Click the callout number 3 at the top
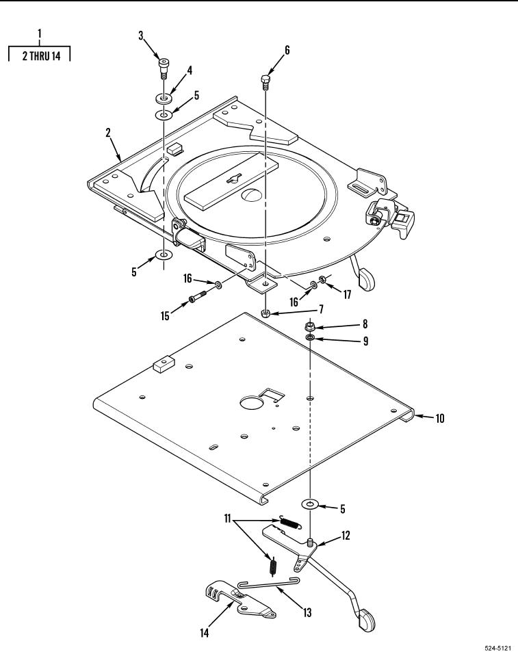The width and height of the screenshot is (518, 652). (141, 36)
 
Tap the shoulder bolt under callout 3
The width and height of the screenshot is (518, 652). (164, 68)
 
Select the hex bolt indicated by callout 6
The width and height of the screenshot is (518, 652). (266, 81)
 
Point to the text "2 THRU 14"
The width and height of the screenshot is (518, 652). (42, 56)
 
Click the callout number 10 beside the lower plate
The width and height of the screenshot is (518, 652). (440, 418)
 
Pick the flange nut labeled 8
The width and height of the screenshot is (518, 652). (310, 325)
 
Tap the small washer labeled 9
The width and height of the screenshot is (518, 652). (310, 337)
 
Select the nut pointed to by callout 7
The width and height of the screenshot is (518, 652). (266, 312)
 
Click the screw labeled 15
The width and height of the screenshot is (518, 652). (197, 298)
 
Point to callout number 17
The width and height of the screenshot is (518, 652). (347, 294)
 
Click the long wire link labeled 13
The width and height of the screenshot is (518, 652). (269, 585)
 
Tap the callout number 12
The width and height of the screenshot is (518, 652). (346, 535)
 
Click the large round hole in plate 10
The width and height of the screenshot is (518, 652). (252, 402)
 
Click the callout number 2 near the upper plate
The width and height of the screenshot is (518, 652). (108, 133)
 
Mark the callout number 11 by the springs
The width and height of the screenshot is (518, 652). (227, 519)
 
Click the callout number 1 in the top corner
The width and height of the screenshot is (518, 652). (40, 34)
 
